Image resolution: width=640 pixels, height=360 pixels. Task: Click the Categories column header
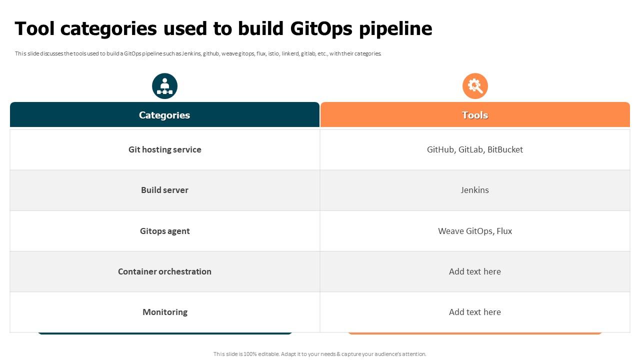(164, 115)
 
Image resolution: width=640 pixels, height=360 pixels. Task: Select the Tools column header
(474, 115)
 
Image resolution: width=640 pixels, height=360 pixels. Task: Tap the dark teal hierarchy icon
(164, 86)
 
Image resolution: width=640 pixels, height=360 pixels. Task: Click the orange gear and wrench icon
(474, 86)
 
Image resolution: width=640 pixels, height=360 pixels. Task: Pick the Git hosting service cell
(164, 149)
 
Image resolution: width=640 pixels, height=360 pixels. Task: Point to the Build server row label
(164, 190)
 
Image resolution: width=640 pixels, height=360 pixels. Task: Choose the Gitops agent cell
(164, 231)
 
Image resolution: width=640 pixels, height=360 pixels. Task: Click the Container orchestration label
(164, 271)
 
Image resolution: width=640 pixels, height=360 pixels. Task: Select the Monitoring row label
(164, 312)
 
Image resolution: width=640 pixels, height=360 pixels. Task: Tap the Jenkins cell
(474, 190)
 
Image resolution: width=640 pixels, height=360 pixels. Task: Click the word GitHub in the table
(440, 149)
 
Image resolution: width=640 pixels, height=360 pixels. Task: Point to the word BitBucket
(505, 149)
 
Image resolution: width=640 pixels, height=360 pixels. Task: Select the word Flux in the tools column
(504, 231)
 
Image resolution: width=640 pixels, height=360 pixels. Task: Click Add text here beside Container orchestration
(474, 271)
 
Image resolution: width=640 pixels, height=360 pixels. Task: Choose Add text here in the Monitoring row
(474, 312)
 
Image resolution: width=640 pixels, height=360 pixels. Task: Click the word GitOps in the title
(321, 29)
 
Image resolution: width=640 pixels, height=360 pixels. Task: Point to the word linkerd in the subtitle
(290, 53)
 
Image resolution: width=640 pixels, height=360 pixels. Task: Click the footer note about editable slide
(319, 354)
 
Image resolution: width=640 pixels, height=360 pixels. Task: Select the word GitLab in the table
(470, 149)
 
